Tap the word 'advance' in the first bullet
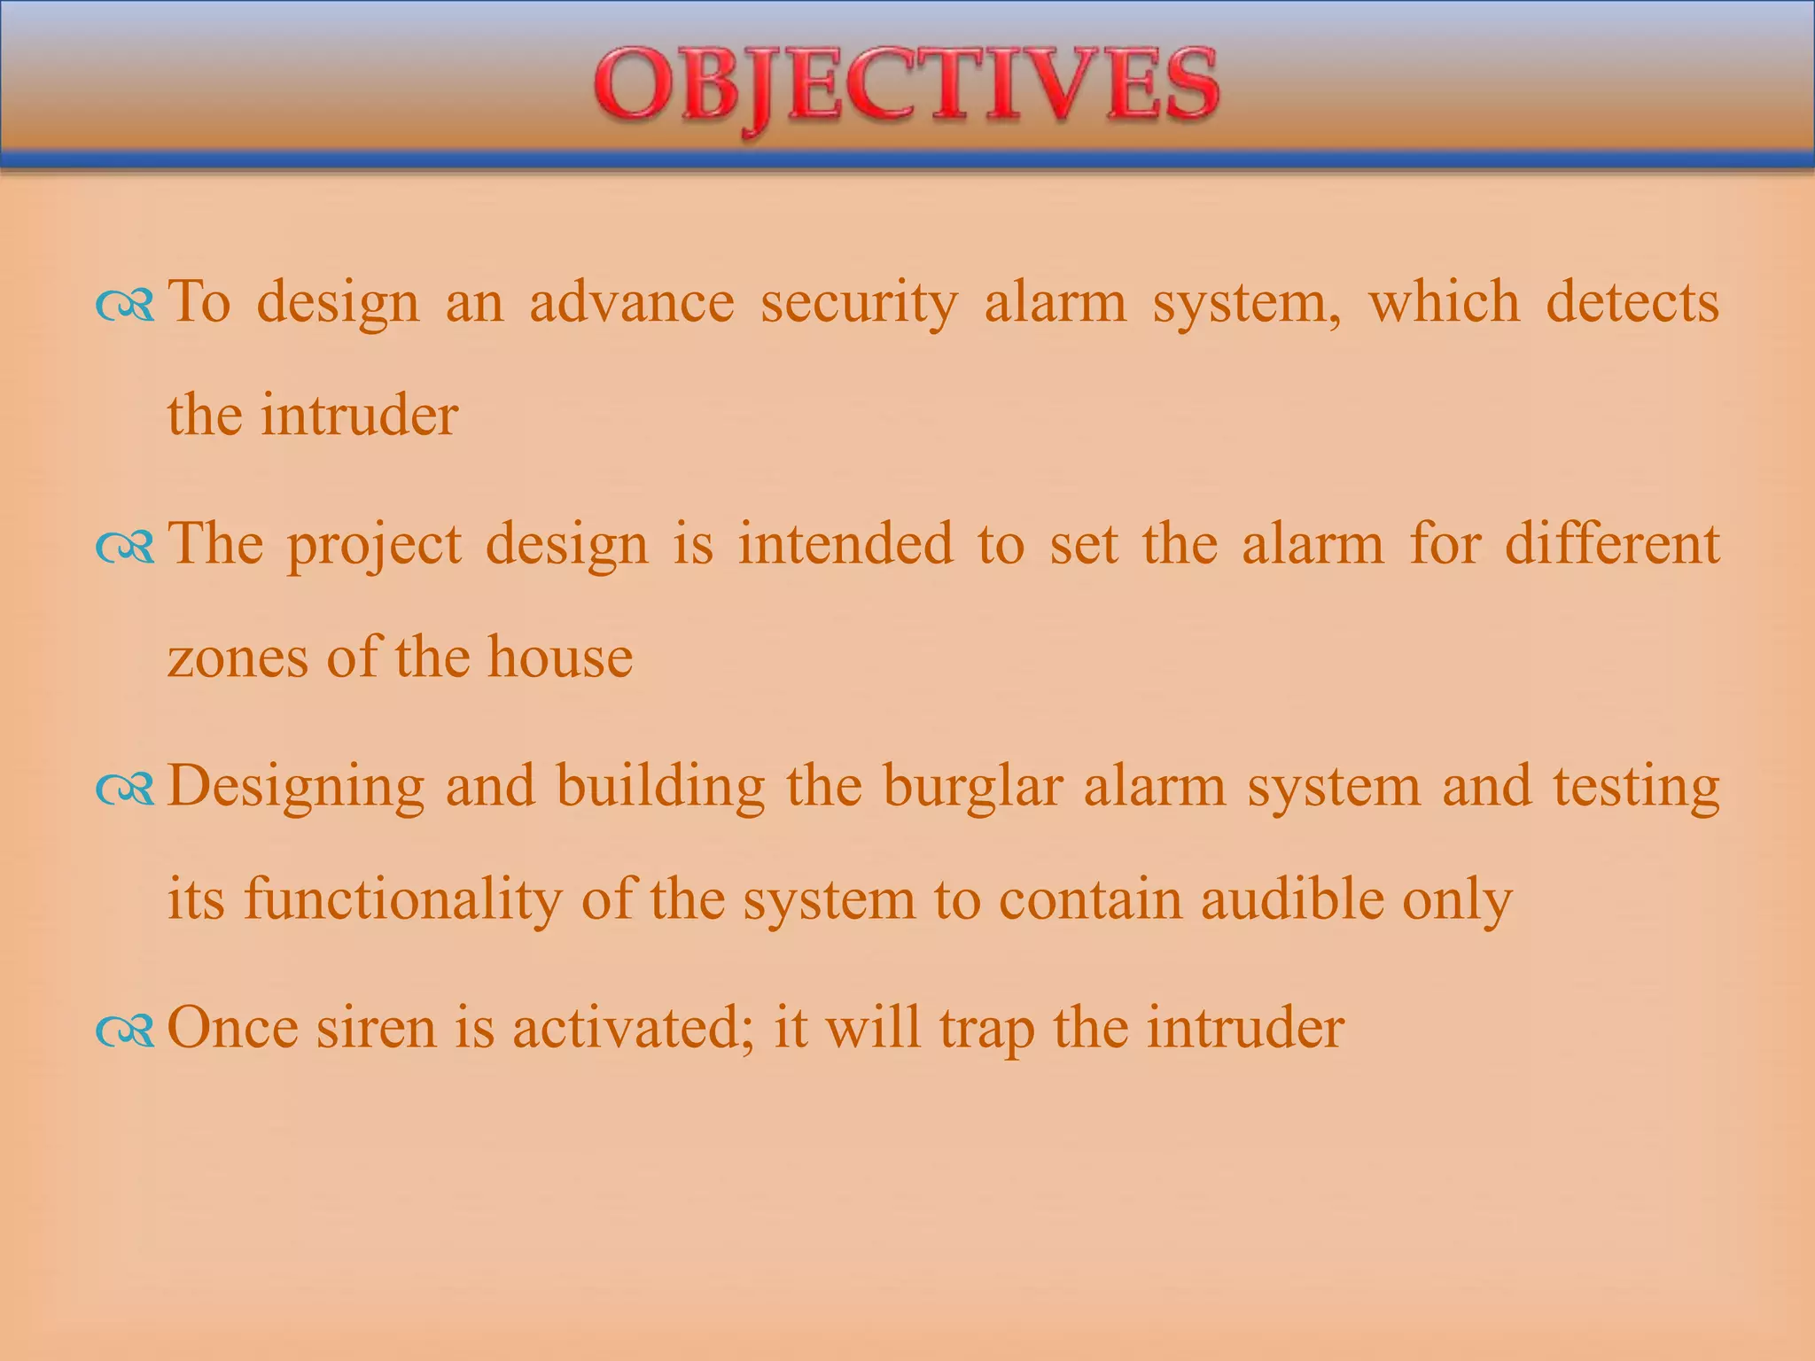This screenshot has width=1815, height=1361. coord(632,302)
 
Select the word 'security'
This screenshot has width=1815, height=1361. coord(859,304)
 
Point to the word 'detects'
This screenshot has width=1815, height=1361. coord(1632,302)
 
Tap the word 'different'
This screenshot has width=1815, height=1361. coord(1612,544)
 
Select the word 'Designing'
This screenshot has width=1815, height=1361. coord(295,788)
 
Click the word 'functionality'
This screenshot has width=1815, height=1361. coord(402,901)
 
